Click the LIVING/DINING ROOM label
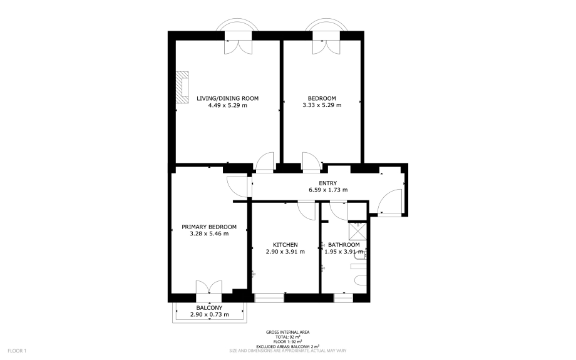[227, 98]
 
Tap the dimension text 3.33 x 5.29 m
[322, 105]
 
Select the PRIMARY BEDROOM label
[209, 227]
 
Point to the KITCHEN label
[285, 245]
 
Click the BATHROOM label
[344, 245]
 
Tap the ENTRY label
[327, 183]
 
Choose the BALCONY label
[209, 308]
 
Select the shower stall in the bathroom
[357, 230]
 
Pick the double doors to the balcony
[209, 287]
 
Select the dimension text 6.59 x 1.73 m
[328, 190]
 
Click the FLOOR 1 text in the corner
[17, 351]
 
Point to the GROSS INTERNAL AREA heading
[287, 332]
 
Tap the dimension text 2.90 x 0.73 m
[209, 314]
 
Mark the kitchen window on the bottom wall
[269, 297]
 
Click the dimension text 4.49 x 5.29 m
[227, 105]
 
